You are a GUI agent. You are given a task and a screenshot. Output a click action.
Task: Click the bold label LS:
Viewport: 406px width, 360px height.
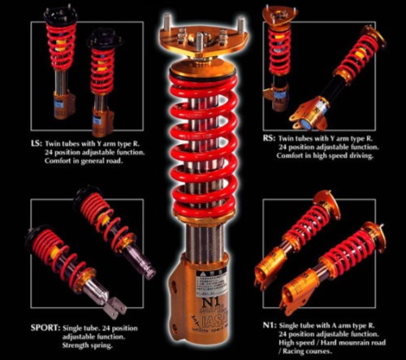coord(37,145)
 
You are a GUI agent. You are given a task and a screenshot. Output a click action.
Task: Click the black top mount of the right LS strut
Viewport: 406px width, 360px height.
coord(105,37)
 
